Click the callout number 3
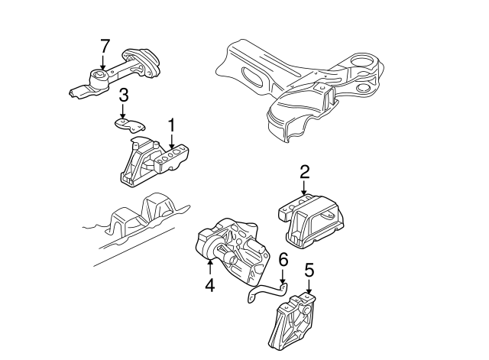pyautogui.click(x=123, y=96)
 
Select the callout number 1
pyautogui.click(x=172, y=123)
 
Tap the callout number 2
pyautogui.click(x=304, y=172)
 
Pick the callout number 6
pyautogui.click(x=283, y=261)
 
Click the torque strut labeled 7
pyautogui.click(x=115, y=74)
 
